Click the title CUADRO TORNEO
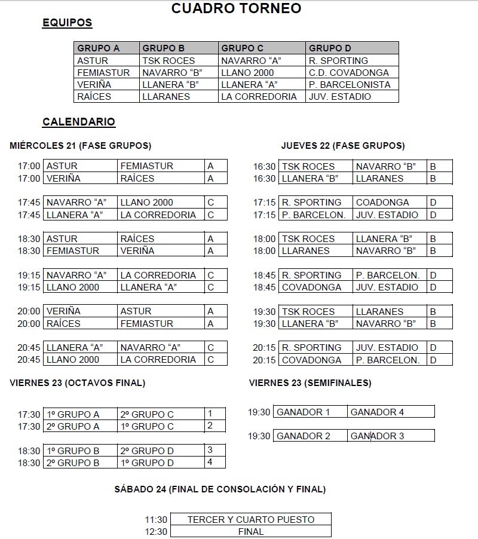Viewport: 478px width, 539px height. pos(236,8)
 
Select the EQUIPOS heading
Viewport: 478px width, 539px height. pos(67,23)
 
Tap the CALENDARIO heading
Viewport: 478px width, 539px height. pos(78,122)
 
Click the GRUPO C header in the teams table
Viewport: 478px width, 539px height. pos(242,48)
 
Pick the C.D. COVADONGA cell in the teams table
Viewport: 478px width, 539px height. pos(348,72)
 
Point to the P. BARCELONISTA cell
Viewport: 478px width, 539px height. pos(350,84)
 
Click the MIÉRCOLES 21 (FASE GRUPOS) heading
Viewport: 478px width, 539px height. pos(80,146)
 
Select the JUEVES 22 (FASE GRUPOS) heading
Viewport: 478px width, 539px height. pos(342,146)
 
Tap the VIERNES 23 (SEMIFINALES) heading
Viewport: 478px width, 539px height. pos(310,383)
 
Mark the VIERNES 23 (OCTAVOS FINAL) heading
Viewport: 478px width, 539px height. pos(77,383)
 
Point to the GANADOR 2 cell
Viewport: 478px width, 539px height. pos(304,436)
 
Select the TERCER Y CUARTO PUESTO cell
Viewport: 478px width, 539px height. pos(250,520)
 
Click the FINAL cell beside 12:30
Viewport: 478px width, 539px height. pos(250,531)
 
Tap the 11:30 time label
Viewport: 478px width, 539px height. pos(156,520)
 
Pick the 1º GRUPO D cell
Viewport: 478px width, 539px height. pos(148,463)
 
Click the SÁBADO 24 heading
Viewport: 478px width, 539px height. pos(220,489)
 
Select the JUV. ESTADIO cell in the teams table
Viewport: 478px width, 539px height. pos(340,96)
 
